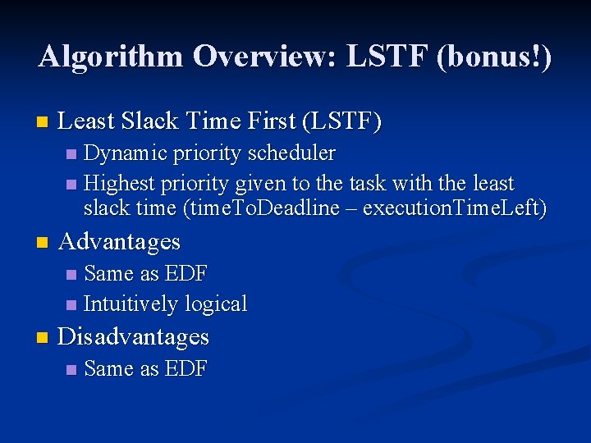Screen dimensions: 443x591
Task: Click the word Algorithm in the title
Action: pyautogui.click(x=110, y=57)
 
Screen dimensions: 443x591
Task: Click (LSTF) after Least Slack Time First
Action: pyautogui.click(x=342, y=122)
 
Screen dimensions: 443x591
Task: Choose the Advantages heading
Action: pyautogui.click(x=120, y=241)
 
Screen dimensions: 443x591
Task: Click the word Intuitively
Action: pyautogui.click(x=131, y=304)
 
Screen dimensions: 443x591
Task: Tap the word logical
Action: pyautogui.click(x=216, y=304)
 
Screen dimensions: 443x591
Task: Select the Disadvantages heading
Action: pyautogui.click(x=134, y=337)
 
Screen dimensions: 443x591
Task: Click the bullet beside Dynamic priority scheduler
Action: pyautogui.click(x=71, y=154)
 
